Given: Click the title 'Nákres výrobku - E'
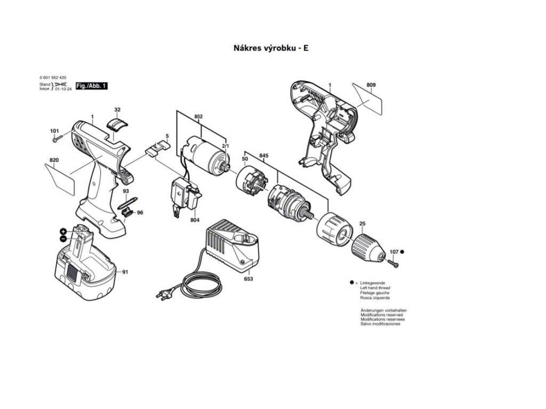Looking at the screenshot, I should (271, 48).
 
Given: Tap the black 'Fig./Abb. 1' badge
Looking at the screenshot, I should (92, 86).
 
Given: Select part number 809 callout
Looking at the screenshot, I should (371, 85).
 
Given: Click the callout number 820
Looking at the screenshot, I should (54, 160).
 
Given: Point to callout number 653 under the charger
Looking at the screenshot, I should (248, 279).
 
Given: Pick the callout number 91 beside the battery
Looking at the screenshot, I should (125, 273).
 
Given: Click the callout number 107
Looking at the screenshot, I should (394, 251).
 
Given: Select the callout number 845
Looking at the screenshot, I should (263, 156).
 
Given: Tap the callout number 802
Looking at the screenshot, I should (198, 116).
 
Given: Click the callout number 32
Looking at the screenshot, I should (117, 110).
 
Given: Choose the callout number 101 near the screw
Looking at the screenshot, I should (54, 131).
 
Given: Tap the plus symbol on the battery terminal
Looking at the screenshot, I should (63, 231).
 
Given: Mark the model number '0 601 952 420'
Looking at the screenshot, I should (53, 78).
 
